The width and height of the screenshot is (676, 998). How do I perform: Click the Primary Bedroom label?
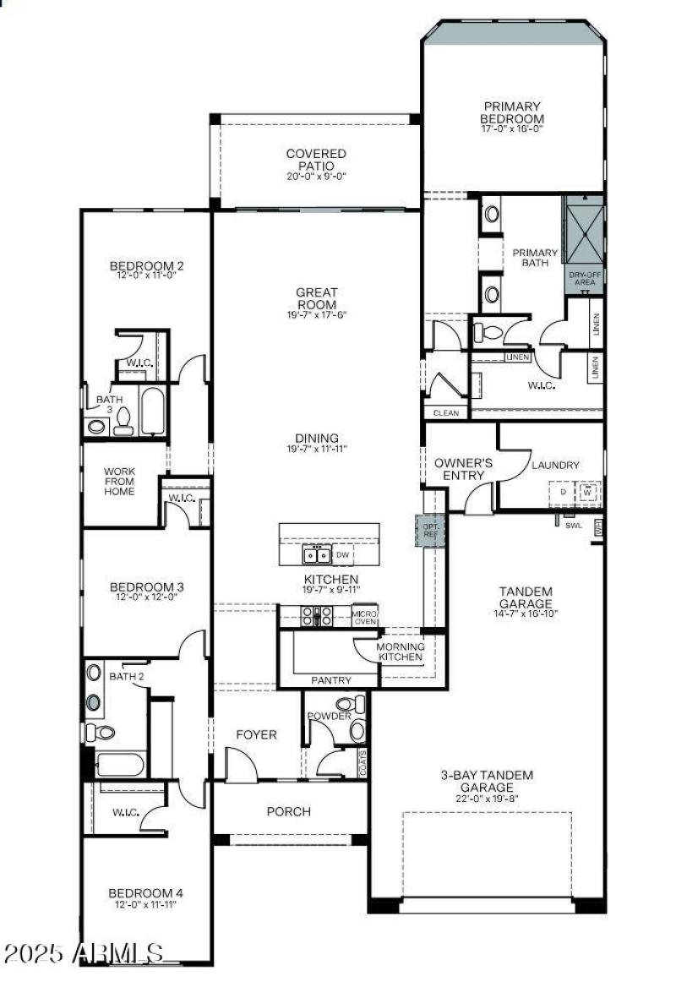[512, 112]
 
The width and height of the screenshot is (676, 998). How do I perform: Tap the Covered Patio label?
[316, 159]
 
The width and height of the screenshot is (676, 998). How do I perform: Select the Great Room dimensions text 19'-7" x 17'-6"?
[316, 314]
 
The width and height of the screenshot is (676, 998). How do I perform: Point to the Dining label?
[317, 438]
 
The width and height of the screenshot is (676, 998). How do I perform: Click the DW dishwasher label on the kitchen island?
[342, 555]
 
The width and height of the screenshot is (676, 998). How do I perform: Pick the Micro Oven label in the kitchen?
[365, 617]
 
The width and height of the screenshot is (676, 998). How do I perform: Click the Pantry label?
[331, 679]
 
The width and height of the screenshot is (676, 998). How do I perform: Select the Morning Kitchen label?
[400, 652]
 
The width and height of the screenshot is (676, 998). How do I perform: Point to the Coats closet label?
[363, 762]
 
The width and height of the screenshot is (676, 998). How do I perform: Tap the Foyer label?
[256, 734]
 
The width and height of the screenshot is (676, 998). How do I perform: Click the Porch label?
[289, 811]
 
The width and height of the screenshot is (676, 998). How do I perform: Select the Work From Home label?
[119, 481]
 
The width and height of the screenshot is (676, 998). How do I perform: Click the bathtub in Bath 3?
[152, 410]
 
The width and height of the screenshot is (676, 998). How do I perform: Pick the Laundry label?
[555, 465]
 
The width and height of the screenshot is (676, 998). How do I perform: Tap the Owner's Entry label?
[463, 470]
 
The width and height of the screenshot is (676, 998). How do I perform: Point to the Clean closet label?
[445, 413]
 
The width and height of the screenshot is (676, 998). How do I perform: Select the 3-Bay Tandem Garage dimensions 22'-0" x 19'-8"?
[487, 799]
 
